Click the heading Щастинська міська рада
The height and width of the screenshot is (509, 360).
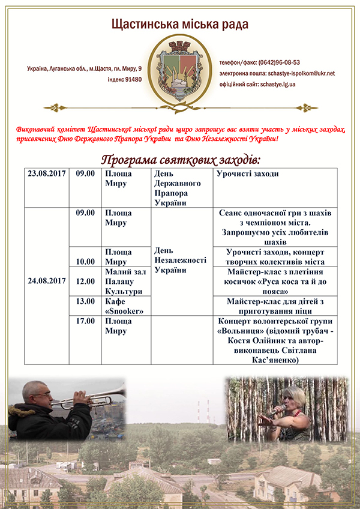[179, 25]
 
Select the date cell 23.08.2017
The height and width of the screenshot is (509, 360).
[47, 174]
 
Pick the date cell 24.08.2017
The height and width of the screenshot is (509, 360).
[47, 280]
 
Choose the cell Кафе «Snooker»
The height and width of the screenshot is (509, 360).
[126, 306]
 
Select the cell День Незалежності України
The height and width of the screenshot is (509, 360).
[180, 260]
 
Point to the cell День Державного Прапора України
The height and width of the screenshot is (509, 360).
[180, 188]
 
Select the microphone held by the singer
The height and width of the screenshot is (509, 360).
[277, 409]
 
